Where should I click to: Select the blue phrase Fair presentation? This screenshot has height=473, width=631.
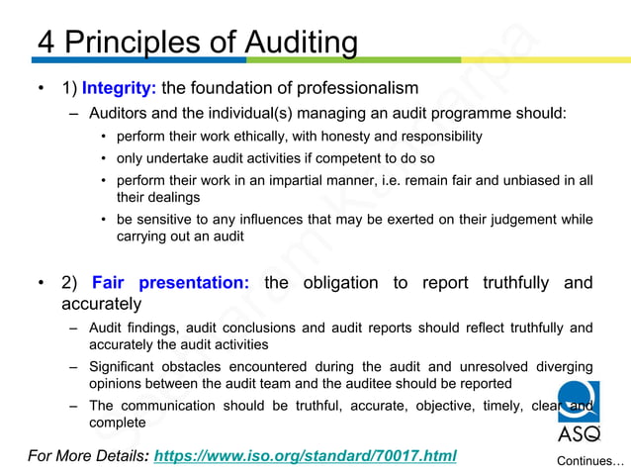pos(170,283)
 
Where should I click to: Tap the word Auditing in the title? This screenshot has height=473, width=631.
pos(287,43)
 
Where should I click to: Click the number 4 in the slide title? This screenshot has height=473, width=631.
pos(46,43)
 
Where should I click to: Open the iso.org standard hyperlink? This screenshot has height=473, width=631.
pos(306,455)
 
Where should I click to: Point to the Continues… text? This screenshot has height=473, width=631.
pos(590,461)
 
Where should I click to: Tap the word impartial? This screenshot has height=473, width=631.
pos(284,180)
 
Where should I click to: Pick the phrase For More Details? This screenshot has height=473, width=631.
pos(86,455)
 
